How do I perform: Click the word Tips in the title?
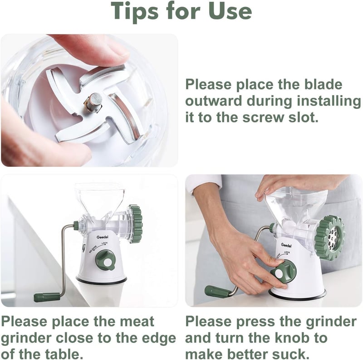135,11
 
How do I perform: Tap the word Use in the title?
230,11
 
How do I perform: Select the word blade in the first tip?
323,84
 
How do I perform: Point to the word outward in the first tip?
214,101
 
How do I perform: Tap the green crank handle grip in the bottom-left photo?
47,297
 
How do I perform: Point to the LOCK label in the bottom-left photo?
105,243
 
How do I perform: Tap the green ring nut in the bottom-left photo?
136,224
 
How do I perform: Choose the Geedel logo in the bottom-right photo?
286,245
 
